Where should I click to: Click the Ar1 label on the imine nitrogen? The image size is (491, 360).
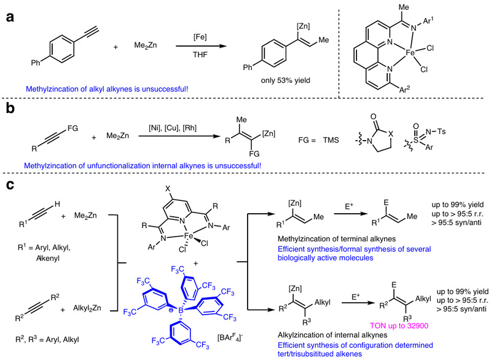(x=458, y=28)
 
